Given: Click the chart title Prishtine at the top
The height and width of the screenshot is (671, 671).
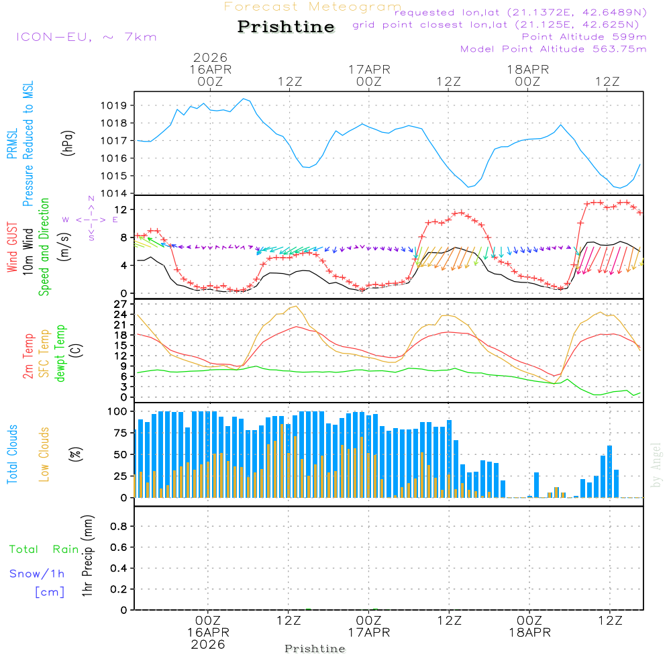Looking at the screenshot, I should (x=286, y=27).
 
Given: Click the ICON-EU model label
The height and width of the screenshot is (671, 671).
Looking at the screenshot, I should (x=86, y=37).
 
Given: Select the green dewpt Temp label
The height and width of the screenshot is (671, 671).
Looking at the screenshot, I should (x=60, y=353).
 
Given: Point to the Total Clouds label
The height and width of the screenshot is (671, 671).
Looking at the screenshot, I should (x=12, y=454).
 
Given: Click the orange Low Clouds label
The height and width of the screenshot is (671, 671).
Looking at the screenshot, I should (x=44, y=454).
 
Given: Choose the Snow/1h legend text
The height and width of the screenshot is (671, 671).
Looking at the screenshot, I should (x=37, y=574).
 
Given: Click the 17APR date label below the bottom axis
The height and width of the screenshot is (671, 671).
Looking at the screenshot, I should (x=368, y=632).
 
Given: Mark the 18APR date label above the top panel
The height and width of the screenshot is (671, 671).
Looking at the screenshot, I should (x=528, y=69).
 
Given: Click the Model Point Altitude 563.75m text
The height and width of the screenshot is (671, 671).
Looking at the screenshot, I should (x=553, y=49).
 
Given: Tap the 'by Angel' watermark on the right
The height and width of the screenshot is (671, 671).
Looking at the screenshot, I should (x=656, y=465).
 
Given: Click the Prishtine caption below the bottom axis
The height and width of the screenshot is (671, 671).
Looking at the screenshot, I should (x=315, y=649).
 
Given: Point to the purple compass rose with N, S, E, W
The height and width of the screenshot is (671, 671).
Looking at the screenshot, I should (x=91, y=219).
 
